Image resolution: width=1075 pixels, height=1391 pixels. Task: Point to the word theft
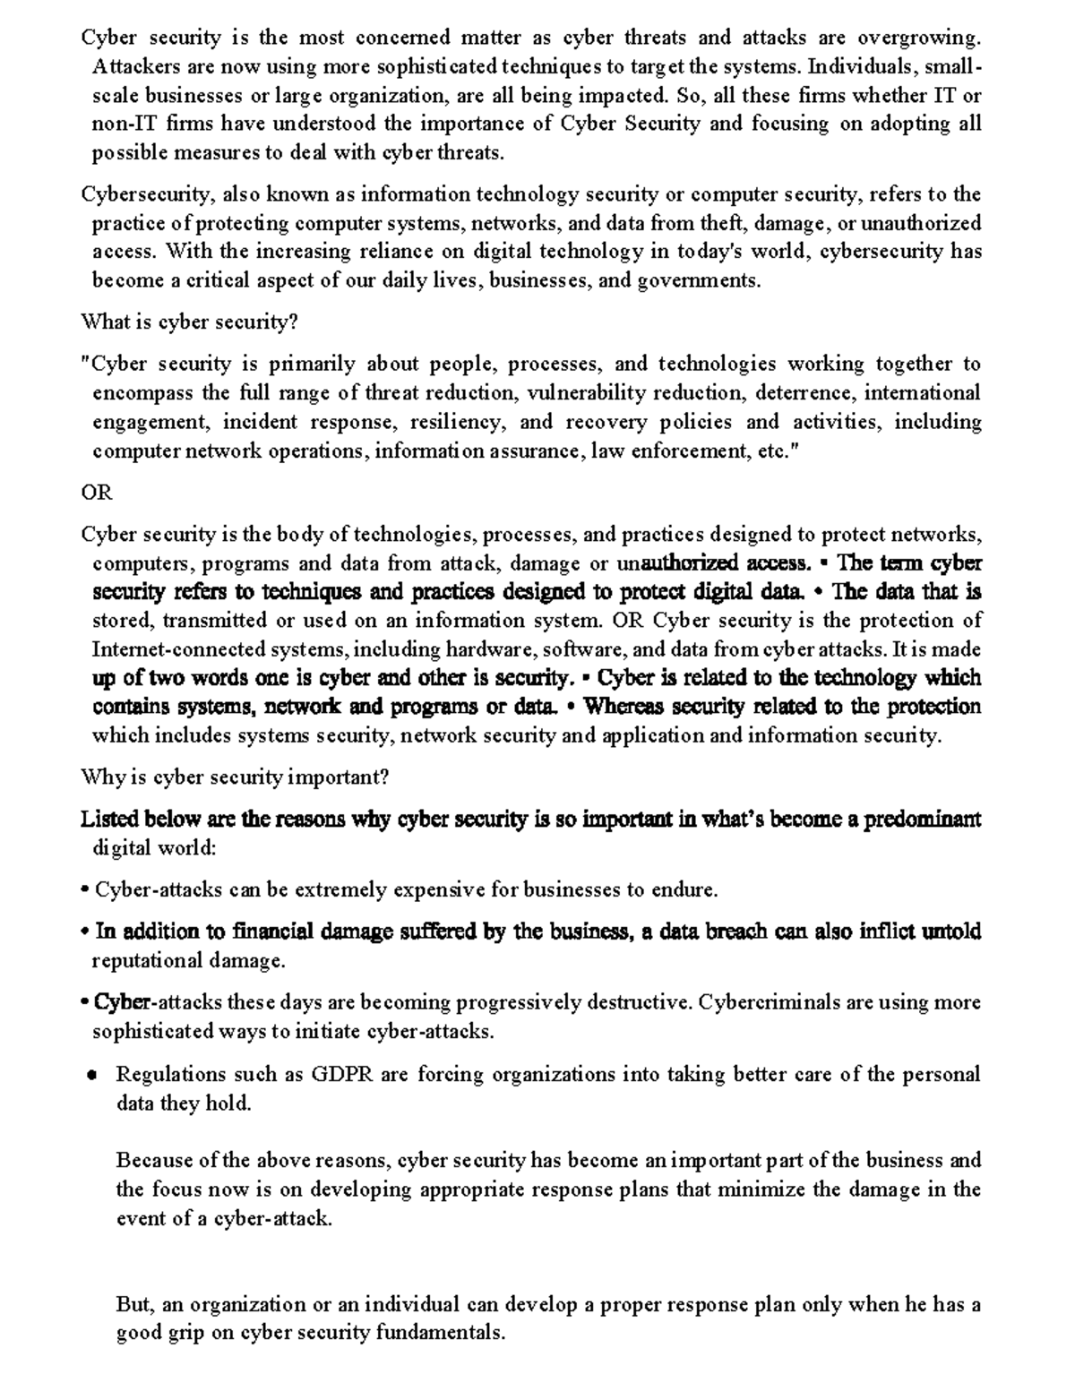tap(720, 223)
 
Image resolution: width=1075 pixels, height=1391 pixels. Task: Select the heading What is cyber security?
tap(189, 322)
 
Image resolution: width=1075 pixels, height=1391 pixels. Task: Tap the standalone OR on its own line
tap(97, 493)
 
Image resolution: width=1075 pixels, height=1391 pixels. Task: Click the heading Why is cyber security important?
tap(235, 777)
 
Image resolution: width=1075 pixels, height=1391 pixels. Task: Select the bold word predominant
tap(922, 820)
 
